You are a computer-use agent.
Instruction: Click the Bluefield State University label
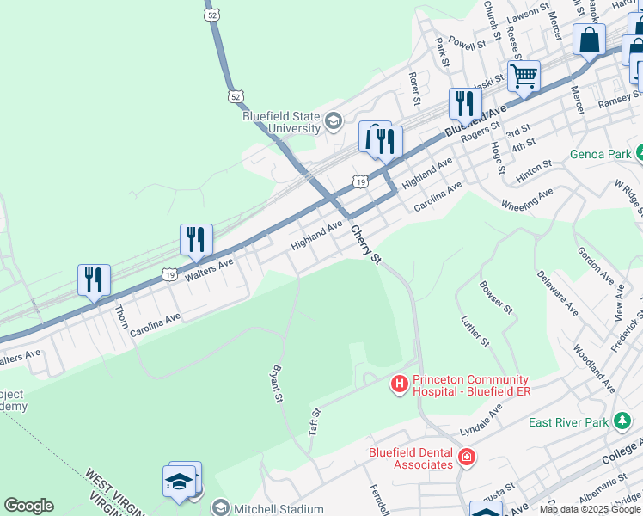[281, 122]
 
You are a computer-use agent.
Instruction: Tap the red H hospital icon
[400, 384]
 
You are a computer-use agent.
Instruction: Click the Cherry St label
[365, 245]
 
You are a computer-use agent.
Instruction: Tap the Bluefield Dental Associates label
[411, 458]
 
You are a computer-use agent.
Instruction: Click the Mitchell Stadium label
[280, 509]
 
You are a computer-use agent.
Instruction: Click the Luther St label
[475, 331]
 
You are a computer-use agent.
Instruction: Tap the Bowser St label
[496, 297]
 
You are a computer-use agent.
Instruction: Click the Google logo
[28, 506]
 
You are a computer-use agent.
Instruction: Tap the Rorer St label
[414, 89]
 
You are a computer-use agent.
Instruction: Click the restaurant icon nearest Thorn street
[94, 280]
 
